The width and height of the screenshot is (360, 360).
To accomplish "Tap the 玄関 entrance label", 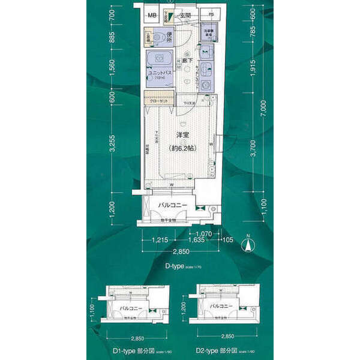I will pos(185,16).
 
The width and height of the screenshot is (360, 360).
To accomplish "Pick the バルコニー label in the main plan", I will pos(173,206).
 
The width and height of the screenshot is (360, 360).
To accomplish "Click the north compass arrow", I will pos(246,245).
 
